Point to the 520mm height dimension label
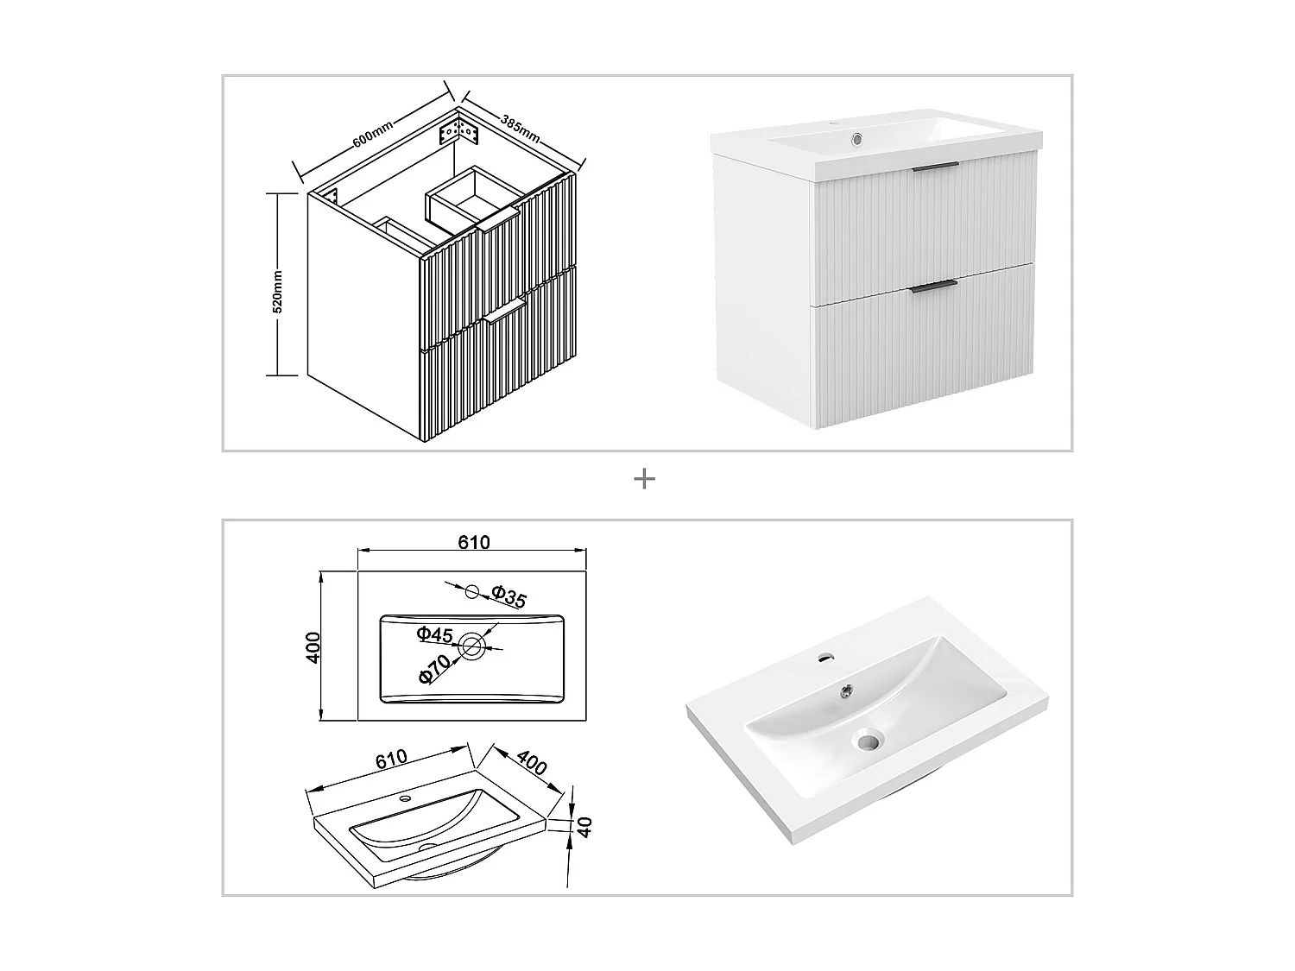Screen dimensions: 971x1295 277,290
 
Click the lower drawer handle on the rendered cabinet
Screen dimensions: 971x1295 934,284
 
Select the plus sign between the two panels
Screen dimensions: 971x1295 644,479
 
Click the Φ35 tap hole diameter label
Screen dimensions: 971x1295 509,596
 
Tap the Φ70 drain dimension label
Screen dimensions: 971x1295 435,670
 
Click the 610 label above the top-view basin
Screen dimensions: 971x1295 473,542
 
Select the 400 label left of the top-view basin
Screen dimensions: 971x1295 314,646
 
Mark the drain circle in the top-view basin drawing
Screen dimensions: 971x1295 472,646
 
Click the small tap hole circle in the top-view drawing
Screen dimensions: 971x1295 471,591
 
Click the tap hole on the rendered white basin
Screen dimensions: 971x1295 826,658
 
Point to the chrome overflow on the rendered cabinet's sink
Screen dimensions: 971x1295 856,138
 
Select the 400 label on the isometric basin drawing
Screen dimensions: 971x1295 533,764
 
